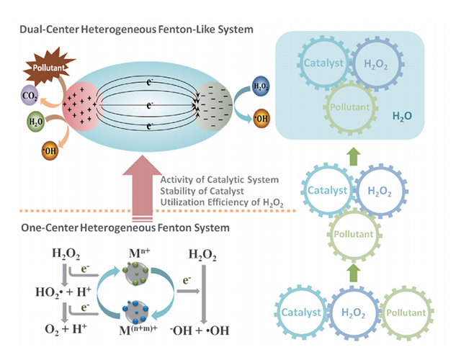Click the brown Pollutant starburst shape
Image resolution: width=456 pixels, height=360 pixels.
pos(45,68)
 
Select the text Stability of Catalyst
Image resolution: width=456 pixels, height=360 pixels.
pos(204,192)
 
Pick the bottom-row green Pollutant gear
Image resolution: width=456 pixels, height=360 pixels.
pos(408,316)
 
